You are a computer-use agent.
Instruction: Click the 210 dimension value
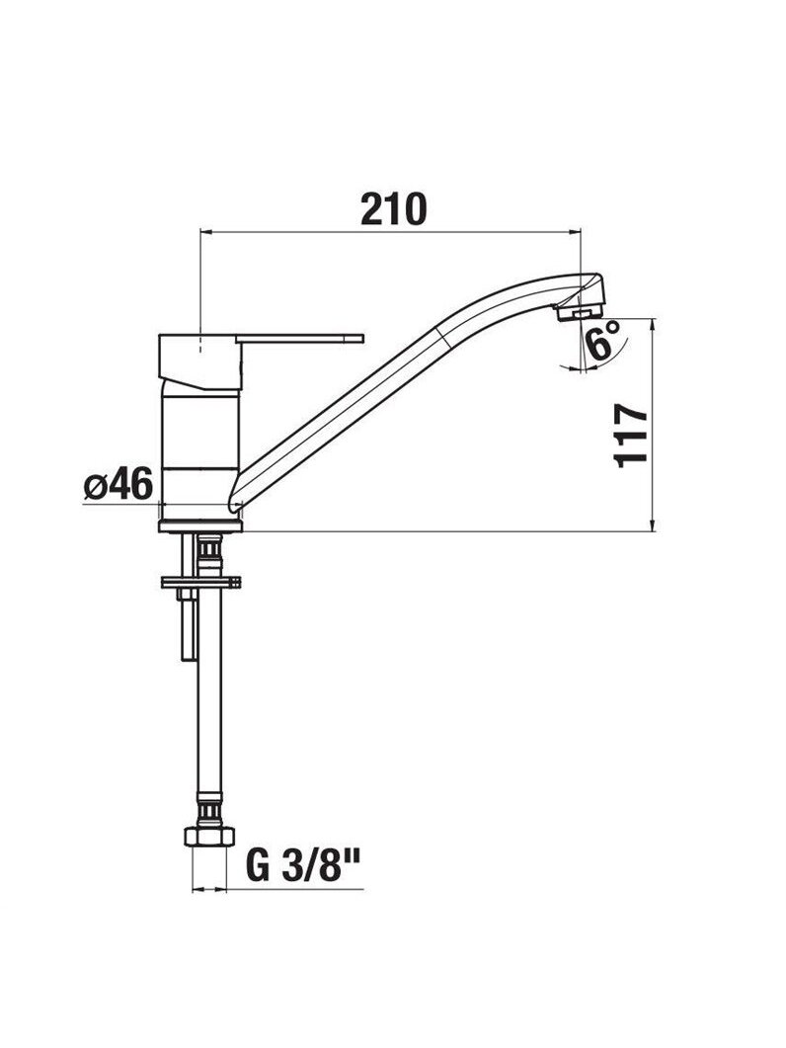tap(393, 209)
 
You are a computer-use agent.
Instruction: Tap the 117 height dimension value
tap(631, 436)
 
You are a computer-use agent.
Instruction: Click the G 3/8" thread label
tap(303, 865)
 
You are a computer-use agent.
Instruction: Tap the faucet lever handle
tap(302, 338)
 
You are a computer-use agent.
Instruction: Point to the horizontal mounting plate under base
tap(200, 582)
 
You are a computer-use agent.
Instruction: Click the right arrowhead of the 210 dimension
tap(575, 232)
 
